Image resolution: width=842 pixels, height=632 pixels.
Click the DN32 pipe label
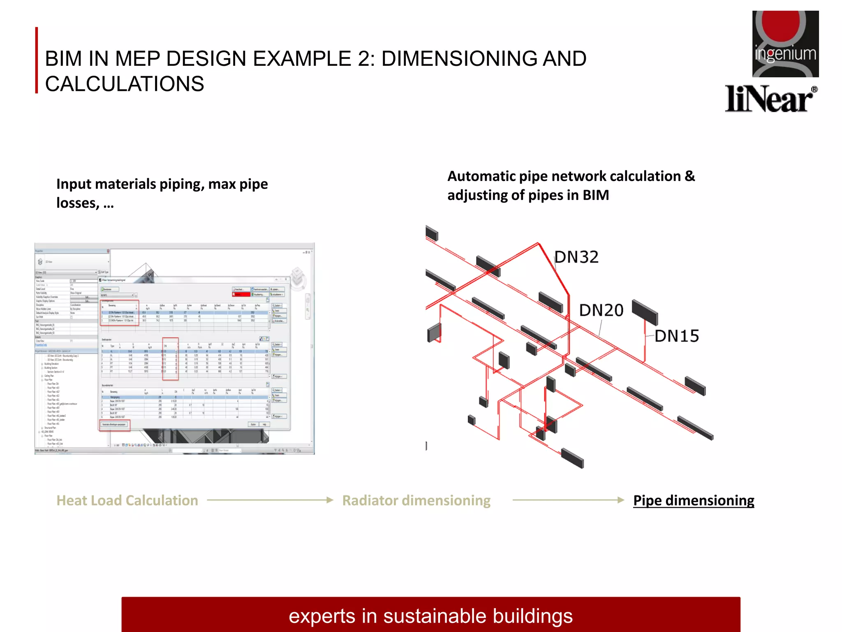(x=576, y=257)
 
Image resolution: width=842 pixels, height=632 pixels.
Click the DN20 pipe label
(x=601, y=310)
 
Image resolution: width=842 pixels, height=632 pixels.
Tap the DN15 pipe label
(x=677, y=336)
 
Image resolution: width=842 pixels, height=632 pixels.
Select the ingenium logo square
(x=785, y=44)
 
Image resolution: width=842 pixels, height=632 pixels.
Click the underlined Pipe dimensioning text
(x=694, y=500)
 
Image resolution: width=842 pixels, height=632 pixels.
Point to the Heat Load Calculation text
(x=127, y=500)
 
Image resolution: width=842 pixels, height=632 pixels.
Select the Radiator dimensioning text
(x=416, y=500)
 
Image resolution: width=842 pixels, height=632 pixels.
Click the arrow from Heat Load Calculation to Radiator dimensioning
(x=270, y=500)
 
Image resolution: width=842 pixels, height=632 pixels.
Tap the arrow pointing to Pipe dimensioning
(x=568, y=500)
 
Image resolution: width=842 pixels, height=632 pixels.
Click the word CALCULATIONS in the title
(x=124, y=84)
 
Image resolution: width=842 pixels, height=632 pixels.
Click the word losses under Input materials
(x=77, y=203)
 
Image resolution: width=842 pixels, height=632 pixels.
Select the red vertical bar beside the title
(x=37, y=60)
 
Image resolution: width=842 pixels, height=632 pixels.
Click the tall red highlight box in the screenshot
(x=170, y=359)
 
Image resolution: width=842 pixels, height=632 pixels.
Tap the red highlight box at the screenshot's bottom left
(x=114, y=425)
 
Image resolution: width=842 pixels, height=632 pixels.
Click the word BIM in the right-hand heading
(x=596, y=195)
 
